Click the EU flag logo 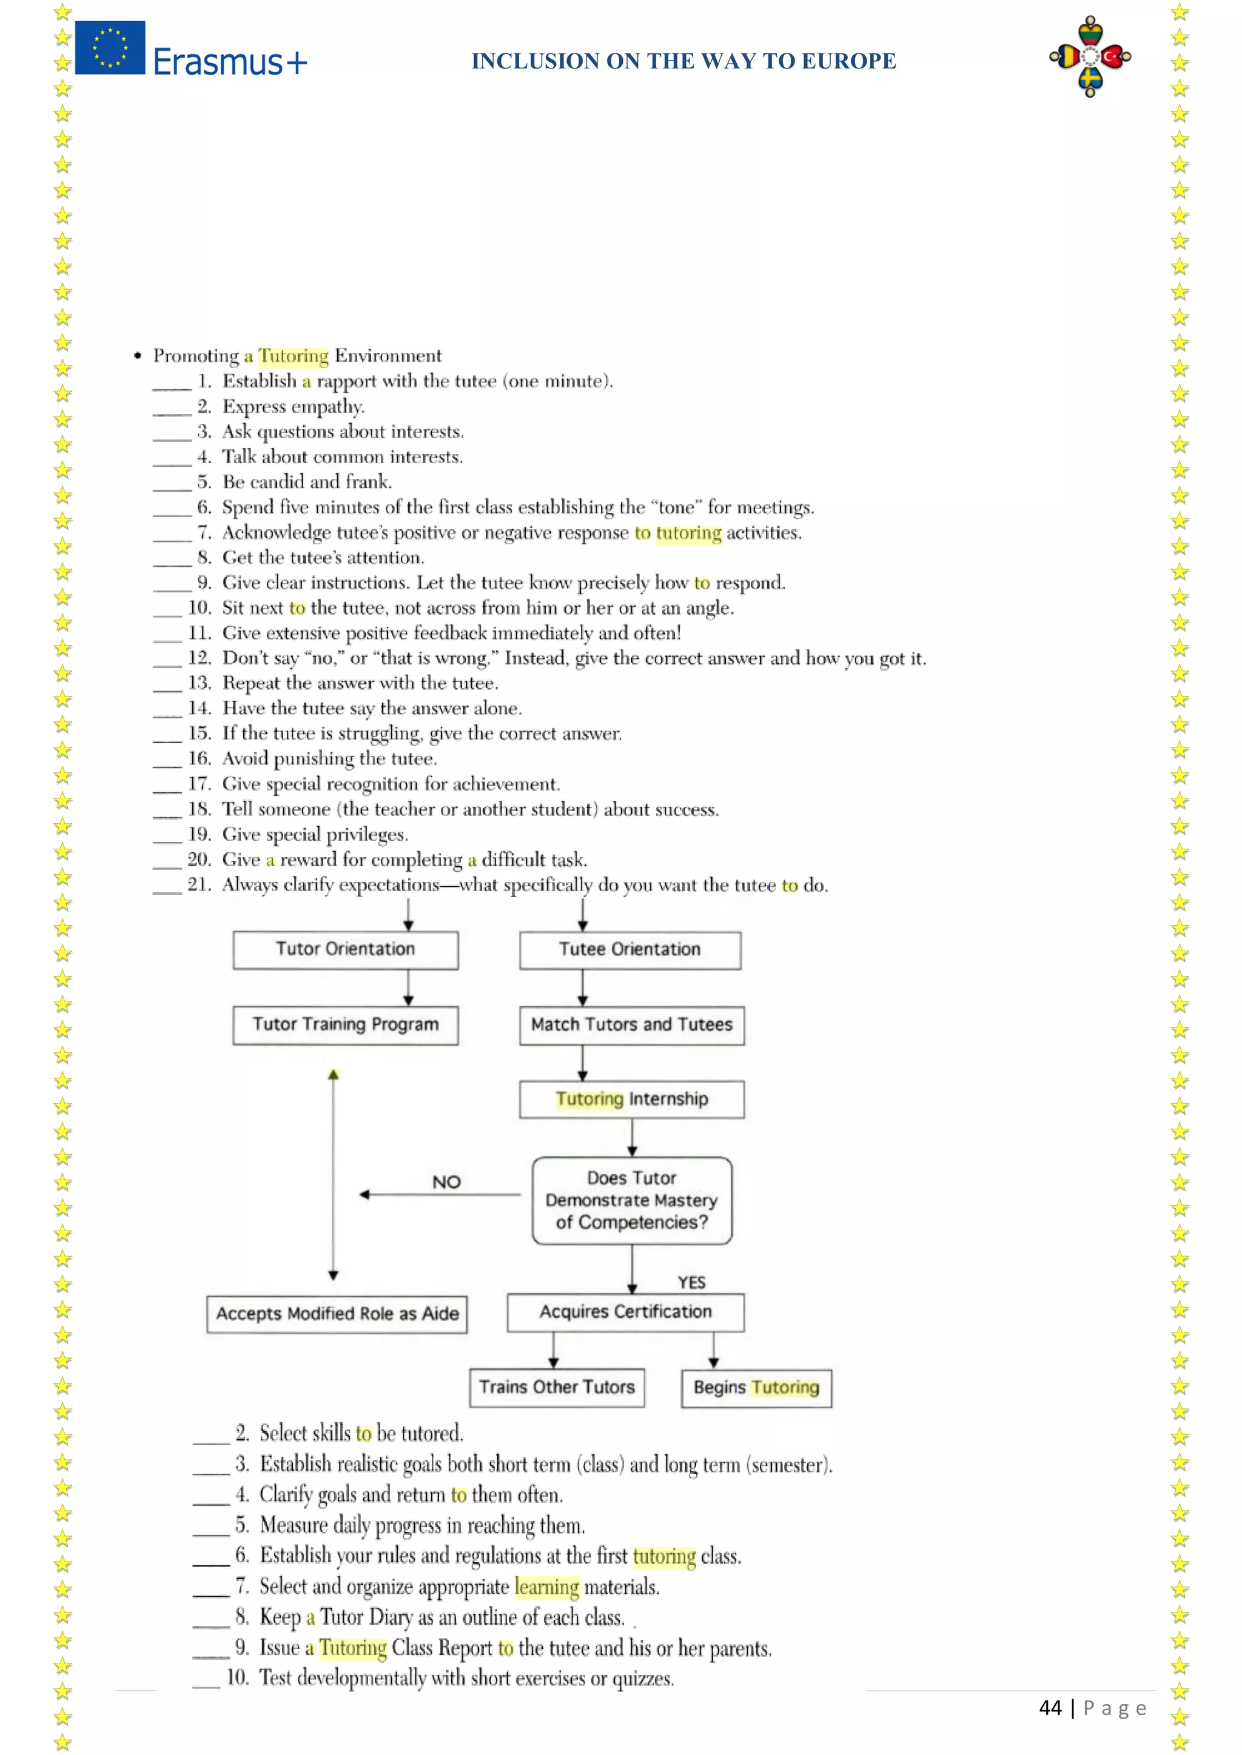[110, 47]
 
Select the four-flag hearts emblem [1090, 56]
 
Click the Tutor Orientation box [346, 949]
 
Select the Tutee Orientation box [630, 950]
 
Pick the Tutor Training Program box [346, 1025]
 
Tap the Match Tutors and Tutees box [632, 1025]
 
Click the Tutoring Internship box [632, 1099]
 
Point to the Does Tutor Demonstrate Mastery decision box [632, 1200]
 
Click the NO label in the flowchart [446, 1183]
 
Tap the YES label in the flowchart [691, 1283]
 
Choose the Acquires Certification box [626, 1312]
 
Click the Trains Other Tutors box [557, 1388]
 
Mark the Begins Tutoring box [756, 1388]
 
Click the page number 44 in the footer [1050, 1708]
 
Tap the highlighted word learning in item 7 [547, 1587]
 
